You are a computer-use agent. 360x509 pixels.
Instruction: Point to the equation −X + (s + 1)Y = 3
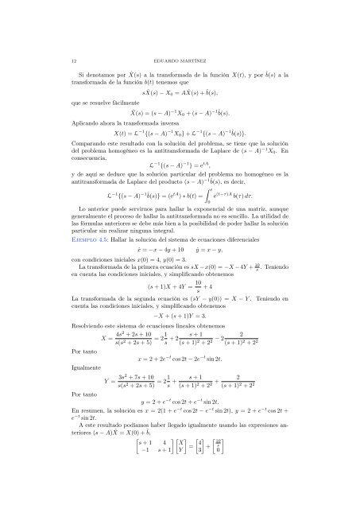(x=180, y=336)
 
